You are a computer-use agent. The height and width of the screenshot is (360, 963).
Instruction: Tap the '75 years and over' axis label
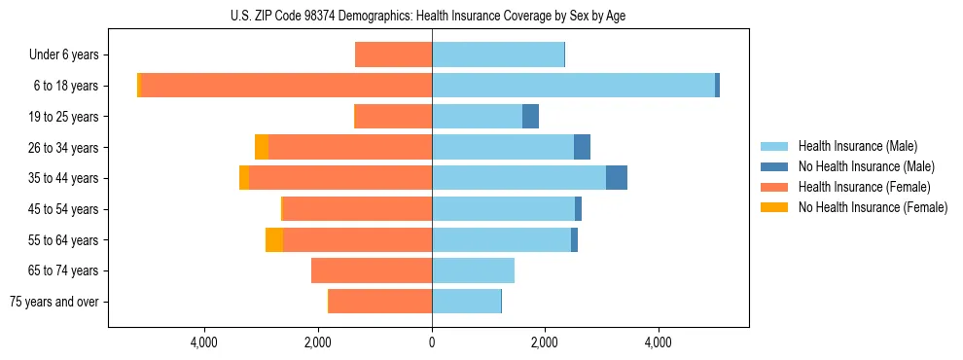coord(55,302)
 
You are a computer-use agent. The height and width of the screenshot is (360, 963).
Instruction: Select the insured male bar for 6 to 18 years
coord(573,86)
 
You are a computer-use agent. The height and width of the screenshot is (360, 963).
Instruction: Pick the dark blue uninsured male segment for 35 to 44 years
coord(617,178)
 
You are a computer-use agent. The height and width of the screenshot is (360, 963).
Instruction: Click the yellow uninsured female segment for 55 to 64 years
coord(274,240)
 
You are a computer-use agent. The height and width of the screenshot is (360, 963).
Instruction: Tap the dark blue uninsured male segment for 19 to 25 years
coord(530,117)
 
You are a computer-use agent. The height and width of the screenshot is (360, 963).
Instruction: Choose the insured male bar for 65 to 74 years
coord(473,270)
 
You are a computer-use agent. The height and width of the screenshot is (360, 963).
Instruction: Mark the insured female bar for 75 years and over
coord(380,302)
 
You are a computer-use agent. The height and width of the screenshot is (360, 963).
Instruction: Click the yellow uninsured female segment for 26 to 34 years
coord(262,147)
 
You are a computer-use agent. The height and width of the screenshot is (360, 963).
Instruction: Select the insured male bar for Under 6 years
coord(498,55)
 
